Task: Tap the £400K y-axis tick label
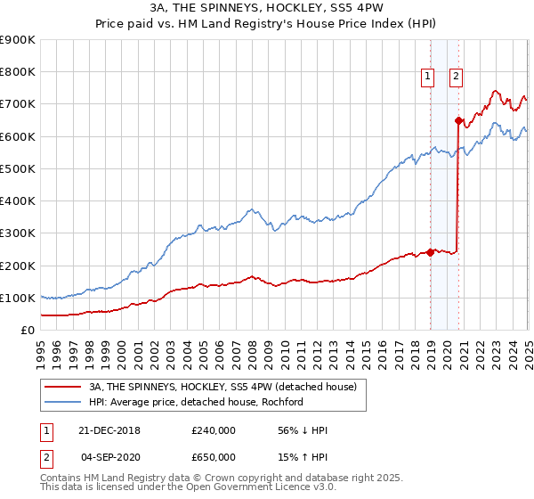(18, 200)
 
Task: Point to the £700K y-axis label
(18, 104)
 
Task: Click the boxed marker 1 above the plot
(429, 78)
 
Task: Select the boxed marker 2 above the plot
(456, 78)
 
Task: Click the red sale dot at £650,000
(458, 120)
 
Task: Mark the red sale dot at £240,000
(431, 252)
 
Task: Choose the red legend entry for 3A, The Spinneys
(222, 387)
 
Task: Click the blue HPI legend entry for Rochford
(196, 402)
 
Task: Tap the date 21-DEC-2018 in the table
(109, 430)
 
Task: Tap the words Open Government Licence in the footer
(253, 488)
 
